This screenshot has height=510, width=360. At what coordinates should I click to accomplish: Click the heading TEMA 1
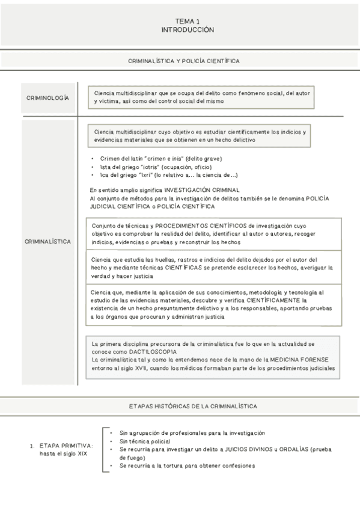pos(188,21)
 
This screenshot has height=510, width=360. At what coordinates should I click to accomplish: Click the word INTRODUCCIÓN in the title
pos(188,29)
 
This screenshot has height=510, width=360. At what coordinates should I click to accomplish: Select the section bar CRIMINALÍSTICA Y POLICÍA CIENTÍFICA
pos(185,61)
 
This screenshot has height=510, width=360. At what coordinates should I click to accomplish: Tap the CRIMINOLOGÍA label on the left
pos(47,97)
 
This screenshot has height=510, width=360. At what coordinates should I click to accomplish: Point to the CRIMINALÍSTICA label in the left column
pos(48,241)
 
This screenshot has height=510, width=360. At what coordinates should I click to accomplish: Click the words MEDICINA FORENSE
pos(302,359)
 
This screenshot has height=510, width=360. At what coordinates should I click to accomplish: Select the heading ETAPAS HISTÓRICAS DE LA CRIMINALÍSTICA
pos(193,406)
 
